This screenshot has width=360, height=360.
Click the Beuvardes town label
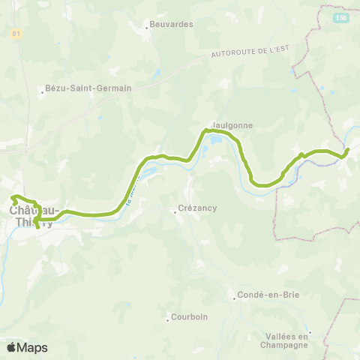click(x=172, y=24)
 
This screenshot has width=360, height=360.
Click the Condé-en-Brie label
click(x=268, y=295)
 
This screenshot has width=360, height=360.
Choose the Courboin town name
click(x=189, y=317)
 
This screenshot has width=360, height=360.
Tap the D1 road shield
click(x=16, y=34)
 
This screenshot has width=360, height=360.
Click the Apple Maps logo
click(x=27, y=347)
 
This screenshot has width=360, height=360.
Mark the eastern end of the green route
click(x=348, y=150)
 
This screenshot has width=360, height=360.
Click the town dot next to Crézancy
click(x=175, y=212)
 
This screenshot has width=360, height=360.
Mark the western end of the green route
click(x=12, y=198)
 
